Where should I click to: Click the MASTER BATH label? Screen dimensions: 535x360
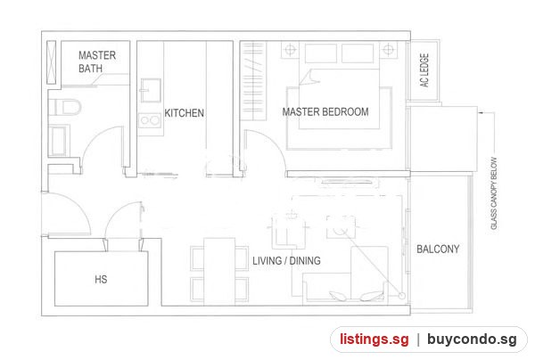click(x=97, y=61)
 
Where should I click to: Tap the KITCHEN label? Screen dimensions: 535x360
click(x=185, y=113)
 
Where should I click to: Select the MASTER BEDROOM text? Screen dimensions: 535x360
click(x=325, y=111)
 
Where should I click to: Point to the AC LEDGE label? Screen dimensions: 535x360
click(x=424, y=70)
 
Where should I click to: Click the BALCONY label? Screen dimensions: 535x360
click(x=438, y=249)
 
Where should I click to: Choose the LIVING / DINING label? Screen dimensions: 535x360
click(x=286, y=261)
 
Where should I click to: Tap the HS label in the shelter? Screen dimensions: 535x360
click(x=101, y=280)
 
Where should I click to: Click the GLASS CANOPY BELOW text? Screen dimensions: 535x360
click(x=494, y=193)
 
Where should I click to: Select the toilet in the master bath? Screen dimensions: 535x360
click(x=65, y=107)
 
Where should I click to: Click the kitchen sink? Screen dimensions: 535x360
click(x=150, y=90)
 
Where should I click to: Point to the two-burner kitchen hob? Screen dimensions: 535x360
click(x=150, y=120)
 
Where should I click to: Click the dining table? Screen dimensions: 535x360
click(x=219, y=271)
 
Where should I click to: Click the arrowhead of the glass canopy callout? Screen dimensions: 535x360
click(x=481, y=112)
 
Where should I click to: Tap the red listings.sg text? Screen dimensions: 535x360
click(x=374, y=340)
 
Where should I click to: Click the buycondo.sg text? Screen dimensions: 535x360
click(x=472, y=340)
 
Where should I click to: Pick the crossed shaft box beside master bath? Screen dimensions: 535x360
click(x=51, y=62)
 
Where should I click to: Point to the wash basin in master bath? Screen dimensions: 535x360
click(x=59, y=141)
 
